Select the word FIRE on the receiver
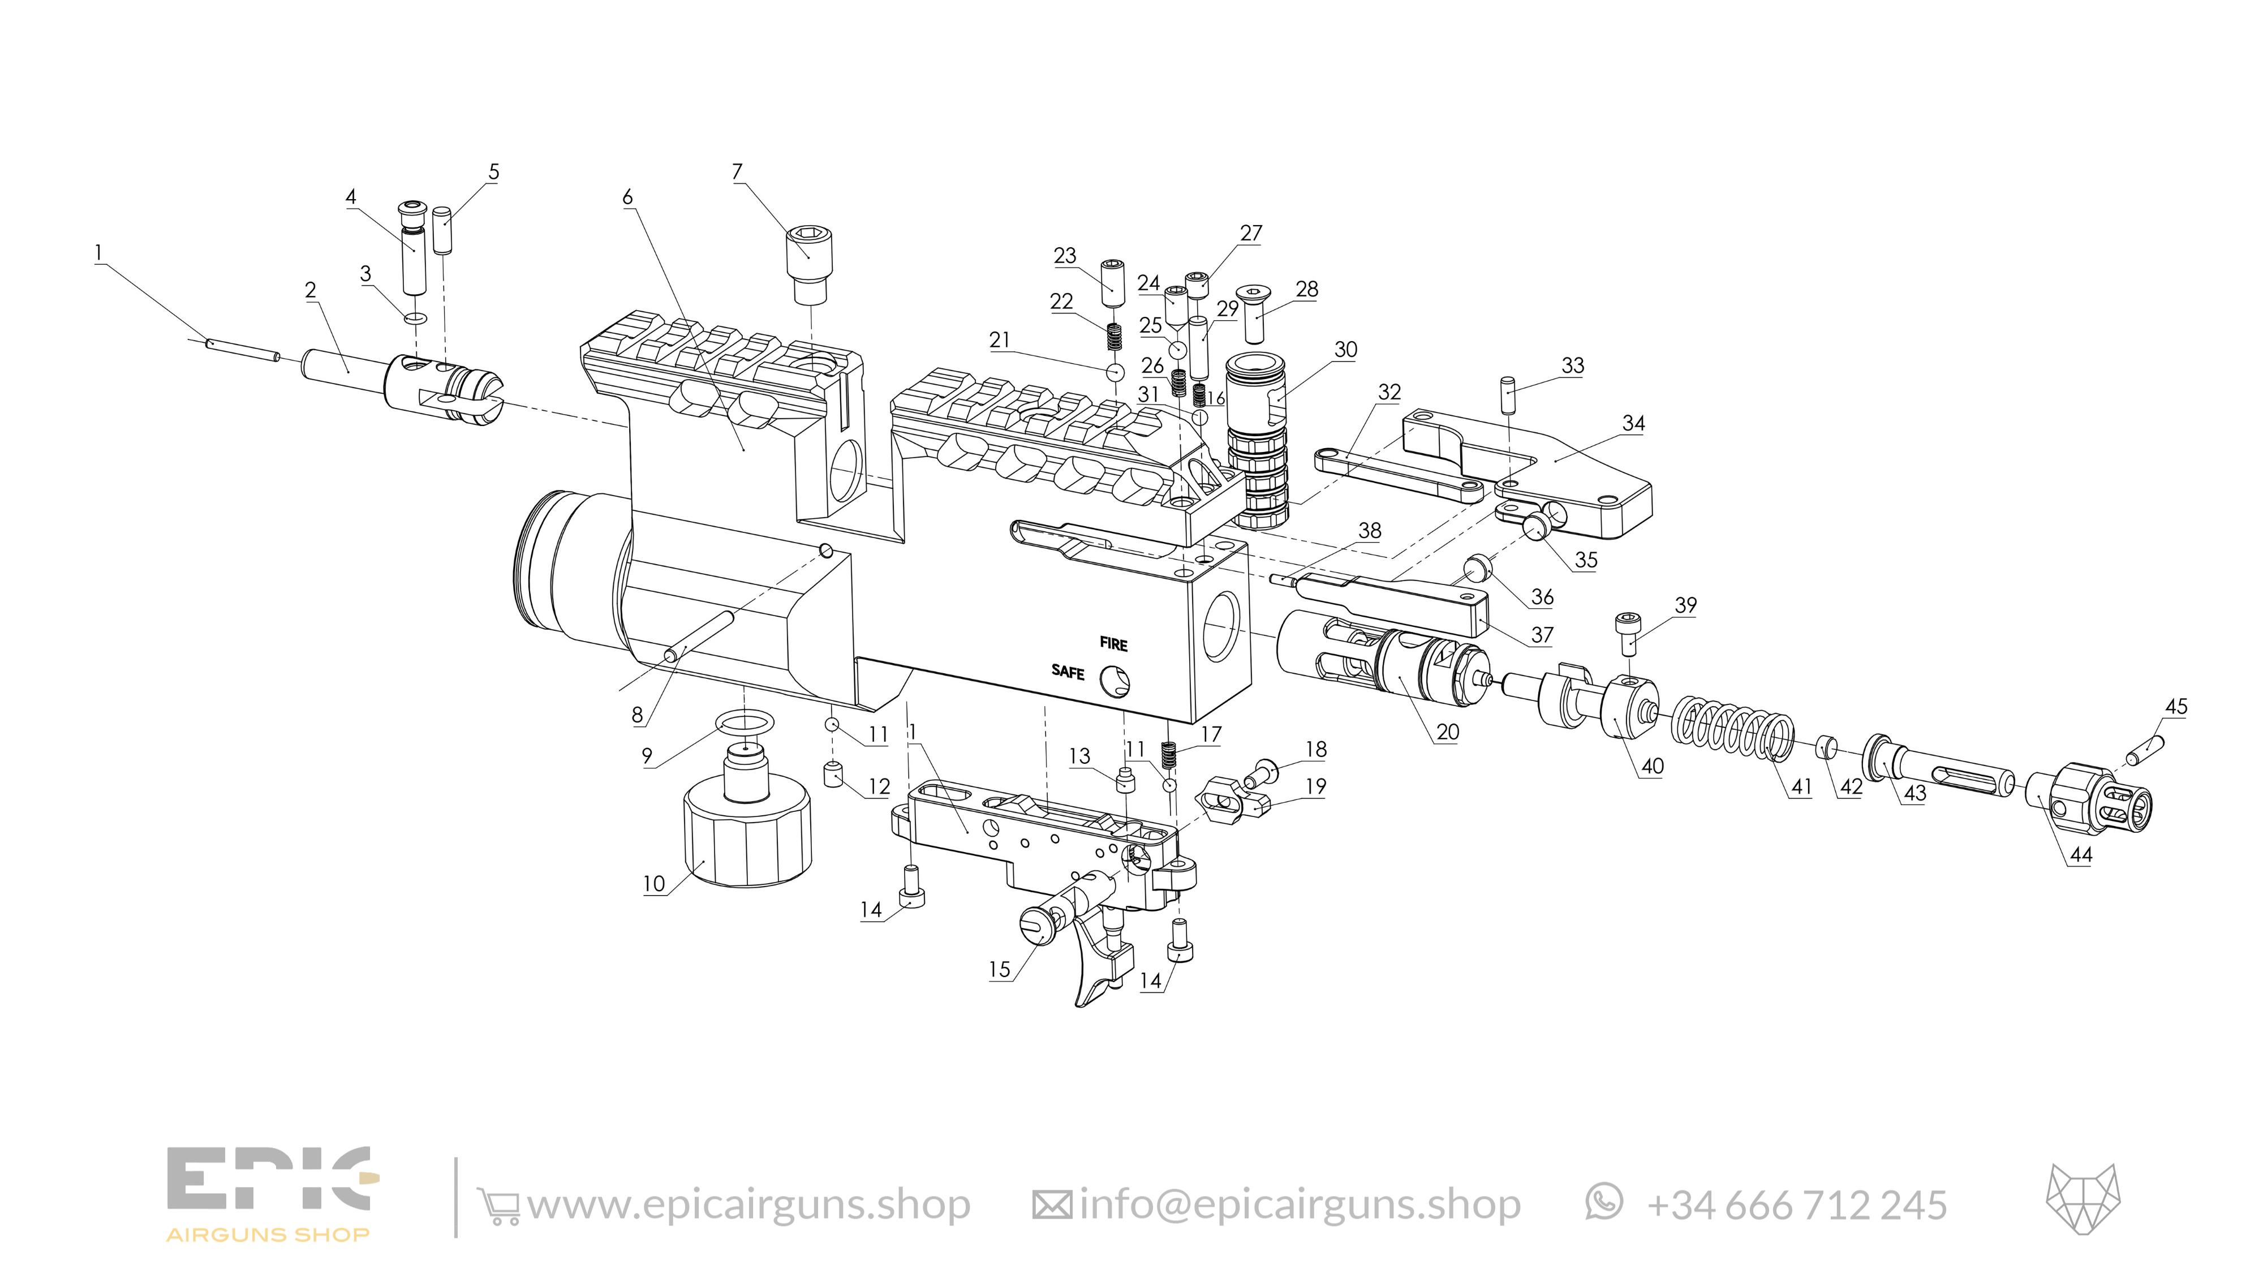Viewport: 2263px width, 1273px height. (x=1113, y=644)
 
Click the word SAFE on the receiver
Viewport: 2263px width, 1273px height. (x=1068, y=672)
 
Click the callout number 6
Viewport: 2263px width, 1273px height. (x=627, y=197)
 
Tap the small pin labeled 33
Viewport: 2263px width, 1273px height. (x=1509, y=395)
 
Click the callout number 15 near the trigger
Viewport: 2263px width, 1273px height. (x=1000, y=970)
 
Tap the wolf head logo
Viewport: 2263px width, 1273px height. (x=2083, y=1199)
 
